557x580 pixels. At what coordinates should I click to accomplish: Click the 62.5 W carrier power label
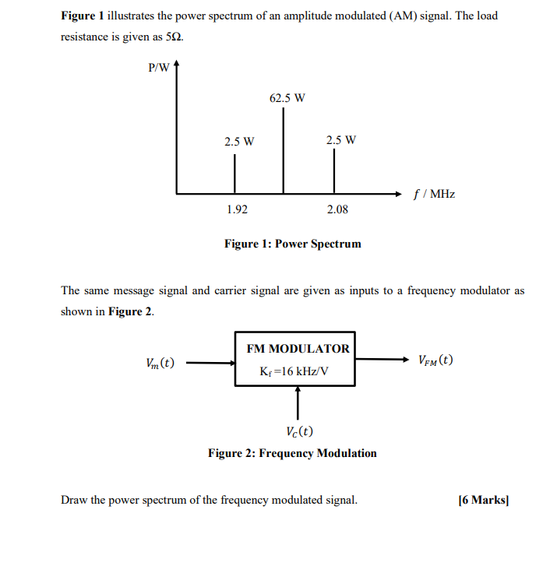click(x=287, y=98)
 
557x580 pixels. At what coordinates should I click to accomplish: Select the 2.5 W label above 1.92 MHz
click(x=239, y=142)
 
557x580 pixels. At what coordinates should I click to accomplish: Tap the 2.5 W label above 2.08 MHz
click(x=341, y=141)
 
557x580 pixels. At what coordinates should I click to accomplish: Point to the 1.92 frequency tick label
click(x=237, y=209)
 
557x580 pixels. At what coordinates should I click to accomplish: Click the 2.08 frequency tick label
click(x=338, y=209)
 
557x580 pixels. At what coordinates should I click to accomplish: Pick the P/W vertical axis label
click(x=158, y=68)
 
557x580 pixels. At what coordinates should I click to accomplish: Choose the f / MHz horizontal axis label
click(x=434, y=194)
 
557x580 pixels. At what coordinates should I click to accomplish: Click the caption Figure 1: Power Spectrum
click(x=293, y=244)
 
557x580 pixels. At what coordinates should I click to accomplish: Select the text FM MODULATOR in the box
click(x=298, y=349)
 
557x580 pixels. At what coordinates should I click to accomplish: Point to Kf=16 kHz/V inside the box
click(x=294, y=371)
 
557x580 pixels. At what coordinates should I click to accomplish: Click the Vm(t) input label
click(x=160, y=363)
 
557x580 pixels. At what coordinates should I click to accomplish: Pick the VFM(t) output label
click(x=435, y=360)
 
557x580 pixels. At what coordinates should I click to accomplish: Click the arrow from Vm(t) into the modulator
click(x=210, y=362)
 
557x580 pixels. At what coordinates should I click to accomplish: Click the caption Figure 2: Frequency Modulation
click(x=292, y=453)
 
